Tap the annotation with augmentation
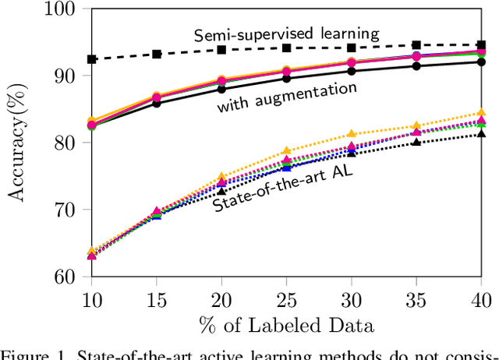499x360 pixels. tap(287, 97)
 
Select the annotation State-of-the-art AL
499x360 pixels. tap(283, 189)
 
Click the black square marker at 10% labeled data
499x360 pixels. tap(92, 59)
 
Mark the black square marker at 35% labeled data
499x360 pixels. tap(416, 45)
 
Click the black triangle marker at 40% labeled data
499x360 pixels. tap(481, 134)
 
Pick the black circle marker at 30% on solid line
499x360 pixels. tap(352, 71)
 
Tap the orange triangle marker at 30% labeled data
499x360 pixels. tap(352, 134)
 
